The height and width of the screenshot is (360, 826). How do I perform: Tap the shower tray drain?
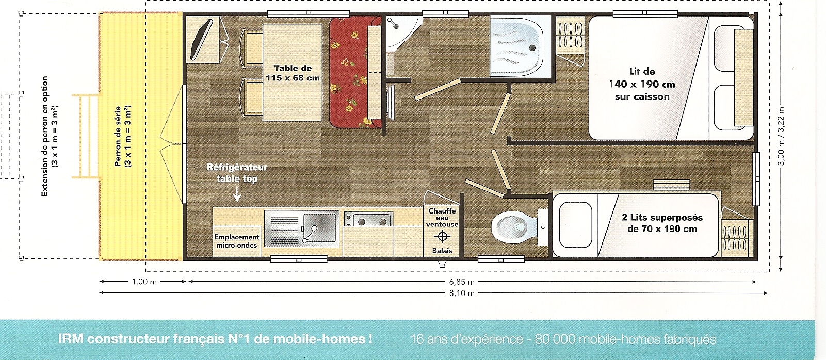532,47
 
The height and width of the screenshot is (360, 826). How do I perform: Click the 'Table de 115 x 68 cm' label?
293,73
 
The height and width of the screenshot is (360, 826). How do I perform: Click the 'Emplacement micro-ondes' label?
236,241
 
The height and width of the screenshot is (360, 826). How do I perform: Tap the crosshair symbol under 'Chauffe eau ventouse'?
442,236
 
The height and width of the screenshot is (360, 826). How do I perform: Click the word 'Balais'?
442,251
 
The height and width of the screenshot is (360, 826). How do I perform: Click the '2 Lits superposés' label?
662,218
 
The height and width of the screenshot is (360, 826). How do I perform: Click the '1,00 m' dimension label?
144,282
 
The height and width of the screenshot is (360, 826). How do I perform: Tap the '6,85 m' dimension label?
462,282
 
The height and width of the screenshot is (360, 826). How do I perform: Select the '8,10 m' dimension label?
462,293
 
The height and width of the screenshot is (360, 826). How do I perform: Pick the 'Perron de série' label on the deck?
118,136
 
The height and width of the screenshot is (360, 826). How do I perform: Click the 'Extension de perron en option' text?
45,136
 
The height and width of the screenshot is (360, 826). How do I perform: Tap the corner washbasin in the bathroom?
402,33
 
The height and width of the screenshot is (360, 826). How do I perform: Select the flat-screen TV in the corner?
201,39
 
